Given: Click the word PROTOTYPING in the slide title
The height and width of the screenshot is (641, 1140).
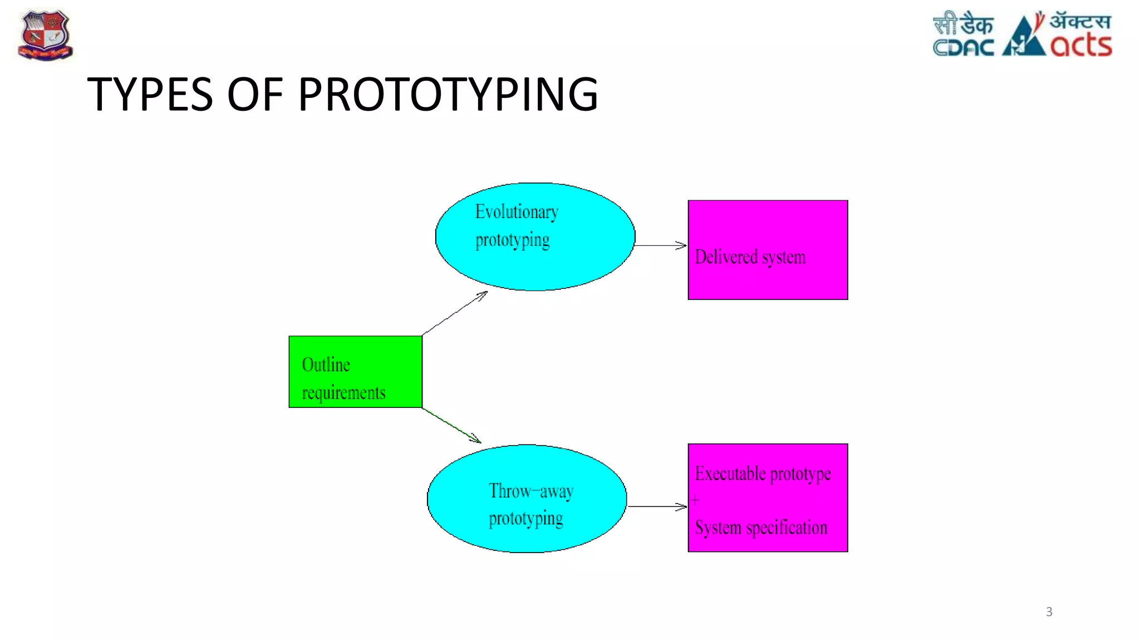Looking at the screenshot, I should click(448, 94).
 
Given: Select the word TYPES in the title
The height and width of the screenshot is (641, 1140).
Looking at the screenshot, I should click(150, 94).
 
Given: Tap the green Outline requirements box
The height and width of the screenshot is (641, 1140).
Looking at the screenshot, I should click(355, 372).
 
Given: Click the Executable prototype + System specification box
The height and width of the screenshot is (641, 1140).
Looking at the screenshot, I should click(768, 498).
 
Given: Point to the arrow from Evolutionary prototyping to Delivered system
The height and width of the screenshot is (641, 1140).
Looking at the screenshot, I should click(661, 245).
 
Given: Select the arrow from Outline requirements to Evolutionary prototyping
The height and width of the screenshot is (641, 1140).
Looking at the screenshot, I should click(455, 313).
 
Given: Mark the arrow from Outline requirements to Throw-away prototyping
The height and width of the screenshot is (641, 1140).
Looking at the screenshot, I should click(451, 426).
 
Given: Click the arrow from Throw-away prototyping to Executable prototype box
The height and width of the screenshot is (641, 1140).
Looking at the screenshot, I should click(657, 506).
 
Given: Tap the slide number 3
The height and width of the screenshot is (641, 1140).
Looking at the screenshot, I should click(1049, 612).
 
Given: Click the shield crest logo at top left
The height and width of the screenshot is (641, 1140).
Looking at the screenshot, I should click(46, 36).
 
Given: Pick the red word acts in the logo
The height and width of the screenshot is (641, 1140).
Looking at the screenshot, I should click(1081, 46).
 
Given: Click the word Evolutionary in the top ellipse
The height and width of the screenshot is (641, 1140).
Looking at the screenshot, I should click(517, 212).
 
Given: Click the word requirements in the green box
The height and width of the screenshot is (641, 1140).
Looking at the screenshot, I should click(343, 393).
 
